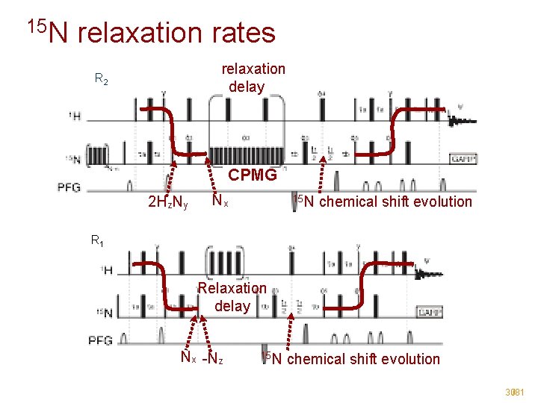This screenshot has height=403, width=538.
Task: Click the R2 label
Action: (x=101, y=78)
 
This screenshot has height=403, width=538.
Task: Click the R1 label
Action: (x=97, y=240)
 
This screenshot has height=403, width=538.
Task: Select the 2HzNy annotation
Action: (x=168, y=201)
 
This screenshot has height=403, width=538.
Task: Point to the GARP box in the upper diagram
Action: (x=463, y=159)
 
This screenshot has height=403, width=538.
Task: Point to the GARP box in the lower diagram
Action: (x=430, y=312)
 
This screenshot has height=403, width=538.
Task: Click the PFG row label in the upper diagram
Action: (x=77, y=188)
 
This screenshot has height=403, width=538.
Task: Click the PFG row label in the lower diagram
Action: (x=100, y=340)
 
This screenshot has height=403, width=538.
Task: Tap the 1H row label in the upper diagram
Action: (x=75, y=116)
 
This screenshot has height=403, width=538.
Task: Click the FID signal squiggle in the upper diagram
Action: (x=458, y=119)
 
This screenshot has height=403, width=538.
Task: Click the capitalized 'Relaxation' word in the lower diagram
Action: (x=232, y=288)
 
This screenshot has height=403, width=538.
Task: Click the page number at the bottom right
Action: (x=515, y=392)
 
